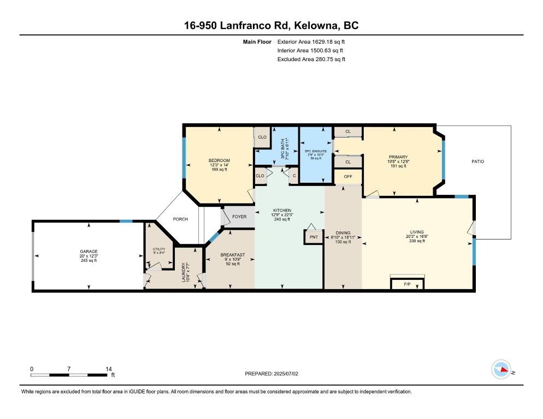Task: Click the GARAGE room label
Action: [x=88, y=252]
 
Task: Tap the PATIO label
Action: [x=477, y=161]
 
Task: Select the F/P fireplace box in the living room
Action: [x=407, y=284]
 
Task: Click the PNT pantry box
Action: [x=314, y=237]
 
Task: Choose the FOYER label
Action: [x=239, y=217]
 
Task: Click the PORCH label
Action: [x=180, y=219]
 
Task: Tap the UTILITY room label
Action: [x=158, y=249]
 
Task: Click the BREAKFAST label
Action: [x=232, y=255]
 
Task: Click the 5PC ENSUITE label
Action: [x=315, y=149]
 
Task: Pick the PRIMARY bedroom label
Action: [x=398, y=157]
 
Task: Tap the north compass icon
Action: [x=501, y=370]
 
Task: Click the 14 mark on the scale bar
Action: [x=108, y=369]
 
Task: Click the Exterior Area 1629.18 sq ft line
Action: [x=311, y=41]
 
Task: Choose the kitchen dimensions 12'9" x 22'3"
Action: [x=282, y=215]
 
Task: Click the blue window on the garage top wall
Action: [x=126, y=221]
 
